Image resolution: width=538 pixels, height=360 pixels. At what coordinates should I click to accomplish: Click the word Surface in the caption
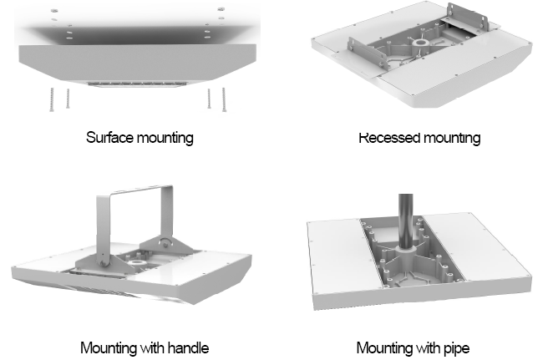[107, 138]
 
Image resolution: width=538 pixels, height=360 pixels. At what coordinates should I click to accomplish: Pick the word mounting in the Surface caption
[165, 138]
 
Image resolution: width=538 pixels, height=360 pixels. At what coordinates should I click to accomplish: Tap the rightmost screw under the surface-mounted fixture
[224, 99]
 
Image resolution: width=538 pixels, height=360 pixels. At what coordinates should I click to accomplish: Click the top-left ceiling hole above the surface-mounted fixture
[53, 9]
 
